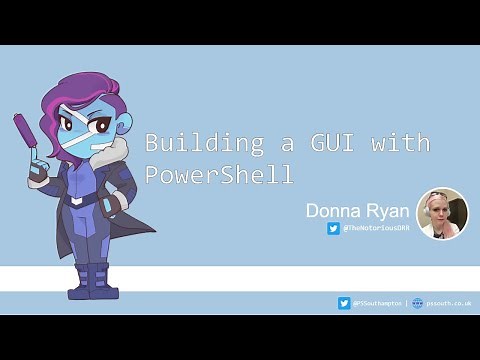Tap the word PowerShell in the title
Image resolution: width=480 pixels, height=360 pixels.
(219, 174)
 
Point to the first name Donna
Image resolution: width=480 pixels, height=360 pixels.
(335, 210)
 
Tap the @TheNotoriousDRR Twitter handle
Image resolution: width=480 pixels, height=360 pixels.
(377, 228)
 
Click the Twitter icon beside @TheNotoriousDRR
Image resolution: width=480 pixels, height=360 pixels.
(333, 228)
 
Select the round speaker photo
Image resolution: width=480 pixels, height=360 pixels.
(441, 213)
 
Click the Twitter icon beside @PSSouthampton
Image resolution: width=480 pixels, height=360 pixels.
(344, 302)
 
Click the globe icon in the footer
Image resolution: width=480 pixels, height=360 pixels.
(417, 302)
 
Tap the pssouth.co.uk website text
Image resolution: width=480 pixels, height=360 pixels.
(448, 302)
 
